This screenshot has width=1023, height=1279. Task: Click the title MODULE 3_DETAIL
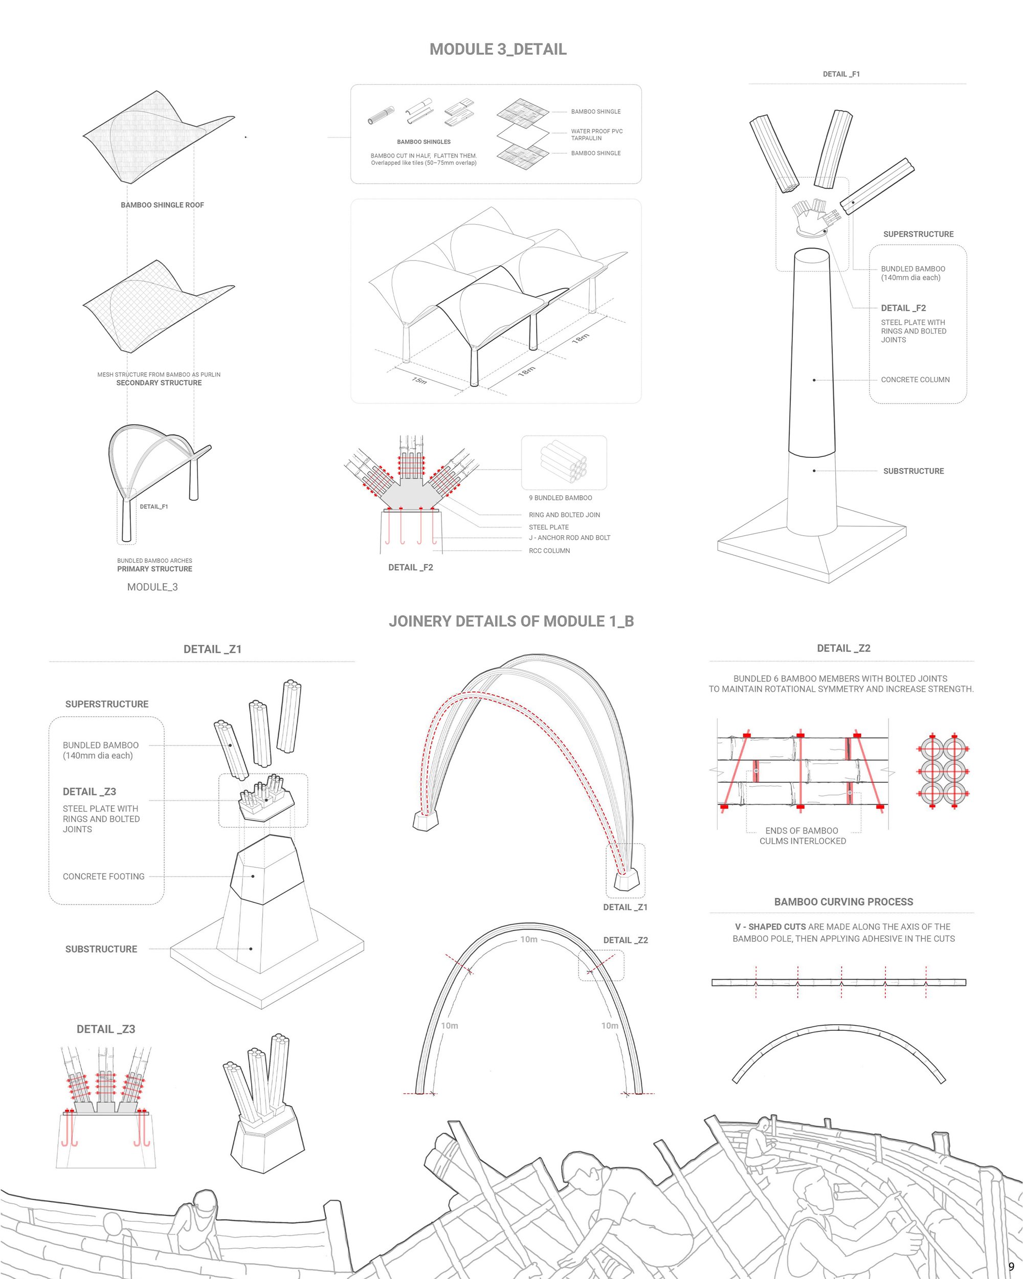[498, 49]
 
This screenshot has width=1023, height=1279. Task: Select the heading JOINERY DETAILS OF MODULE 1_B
[511, 621]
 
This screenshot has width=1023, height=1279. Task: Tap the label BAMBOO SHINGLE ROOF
[162, 205]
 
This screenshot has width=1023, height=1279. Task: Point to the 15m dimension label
[419, 380]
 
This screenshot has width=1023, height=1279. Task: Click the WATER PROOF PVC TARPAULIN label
[596, 135]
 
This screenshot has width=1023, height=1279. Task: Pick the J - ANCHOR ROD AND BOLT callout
[569, 538]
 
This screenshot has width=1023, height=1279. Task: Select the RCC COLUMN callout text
[549, 550]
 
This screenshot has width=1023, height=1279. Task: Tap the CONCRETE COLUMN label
[915, 380]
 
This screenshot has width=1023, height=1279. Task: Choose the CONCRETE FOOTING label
[104, 876]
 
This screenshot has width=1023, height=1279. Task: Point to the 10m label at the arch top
[529, 939]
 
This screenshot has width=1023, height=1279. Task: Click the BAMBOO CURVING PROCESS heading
[843, 902]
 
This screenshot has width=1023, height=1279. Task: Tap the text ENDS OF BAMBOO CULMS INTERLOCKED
[803, 836]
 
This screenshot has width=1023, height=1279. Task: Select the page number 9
[1011, 1267]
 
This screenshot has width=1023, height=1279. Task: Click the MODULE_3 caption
[152, 587]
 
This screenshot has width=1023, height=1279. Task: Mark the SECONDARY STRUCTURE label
[159, 383]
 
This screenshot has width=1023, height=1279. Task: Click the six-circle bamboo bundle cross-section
[942, 771]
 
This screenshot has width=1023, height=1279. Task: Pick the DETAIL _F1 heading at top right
[841, 74]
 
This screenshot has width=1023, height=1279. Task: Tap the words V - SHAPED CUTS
[770, 927]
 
